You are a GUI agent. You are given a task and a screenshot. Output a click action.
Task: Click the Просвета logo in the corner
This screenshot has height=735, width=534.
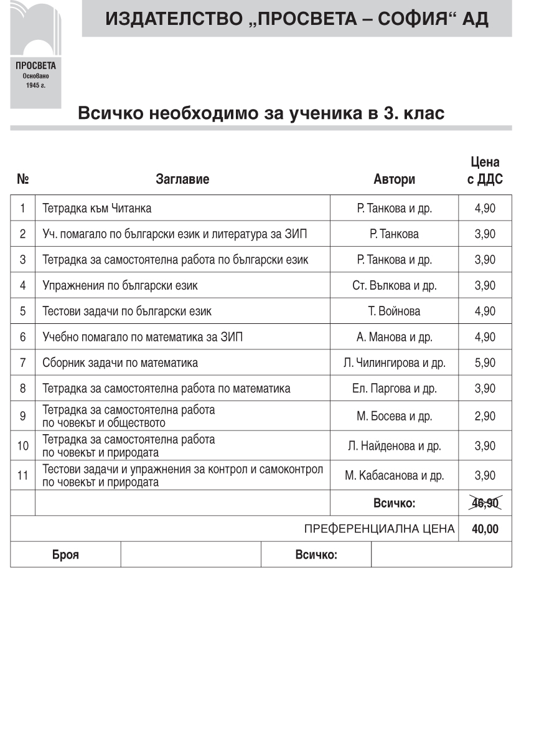coord(35,54)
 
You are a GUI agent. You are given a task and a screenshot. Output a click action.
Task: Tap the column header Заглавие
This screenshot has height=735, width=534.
coord(182,179)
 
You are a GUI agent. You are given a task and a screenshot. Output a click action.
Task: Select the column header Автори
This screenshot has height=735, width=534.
coord(394,179)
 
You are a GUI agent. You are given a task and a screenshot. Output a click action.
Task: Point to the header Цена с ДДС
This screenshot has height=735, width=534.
coord(485,171)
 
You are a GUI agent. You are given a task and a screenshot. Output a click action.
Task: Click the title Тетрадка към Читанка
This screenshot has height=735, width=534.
coord(96,208)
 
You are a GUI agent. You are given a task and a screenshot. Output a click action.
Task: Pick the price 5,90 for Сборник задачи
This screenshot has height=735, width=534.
coord(485,363)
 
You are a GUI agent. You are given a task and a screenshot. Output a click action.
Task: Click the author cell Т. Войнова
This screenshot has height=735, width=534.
coord(394,311)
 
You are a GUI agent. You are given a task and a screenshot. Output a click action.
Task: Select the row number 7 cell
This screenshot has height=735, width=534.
coord(22,363)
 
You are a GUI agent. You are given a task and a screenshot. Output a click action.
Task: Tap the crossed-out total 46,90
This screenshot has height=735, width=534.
coord(485,503)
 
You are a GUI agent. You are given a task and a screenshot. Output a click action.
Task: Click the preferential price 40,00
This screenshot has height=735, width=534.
coord(485,529)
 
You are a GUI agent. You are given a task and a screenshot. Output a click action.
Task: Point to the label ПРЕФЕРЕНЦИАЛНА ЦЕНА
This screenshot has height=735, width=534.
coord(379,529)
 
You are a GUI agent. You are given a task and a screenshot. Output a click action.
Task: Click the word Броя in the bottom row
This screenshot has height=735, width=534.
coord(65,555)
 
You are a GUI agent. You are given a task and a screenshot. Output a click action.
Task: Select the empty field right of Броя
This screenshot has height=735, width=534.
coord(190,554)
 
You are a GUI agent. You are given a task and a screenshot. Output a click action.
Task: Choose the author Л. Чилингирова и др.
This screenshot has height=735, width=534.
coord(394,363)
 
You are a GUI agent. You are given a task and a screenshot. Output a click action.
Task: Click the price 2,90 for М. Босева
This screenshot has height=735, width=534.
coord(485,416)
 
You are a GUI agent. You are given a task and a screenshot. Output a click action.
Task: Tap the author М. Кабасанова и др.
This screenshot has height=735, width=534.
coord(394,476)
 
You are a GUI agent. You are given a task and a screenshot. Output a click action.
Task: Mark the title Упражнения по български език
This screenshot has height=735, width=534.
coord(120,285)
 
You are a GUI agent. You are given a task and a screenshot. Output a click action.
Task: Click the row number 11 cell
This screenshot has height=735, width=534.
coord(22,476)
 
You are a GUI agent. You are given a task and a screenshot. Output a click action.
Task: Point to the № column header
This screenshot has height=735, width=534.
coord(23,179)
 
